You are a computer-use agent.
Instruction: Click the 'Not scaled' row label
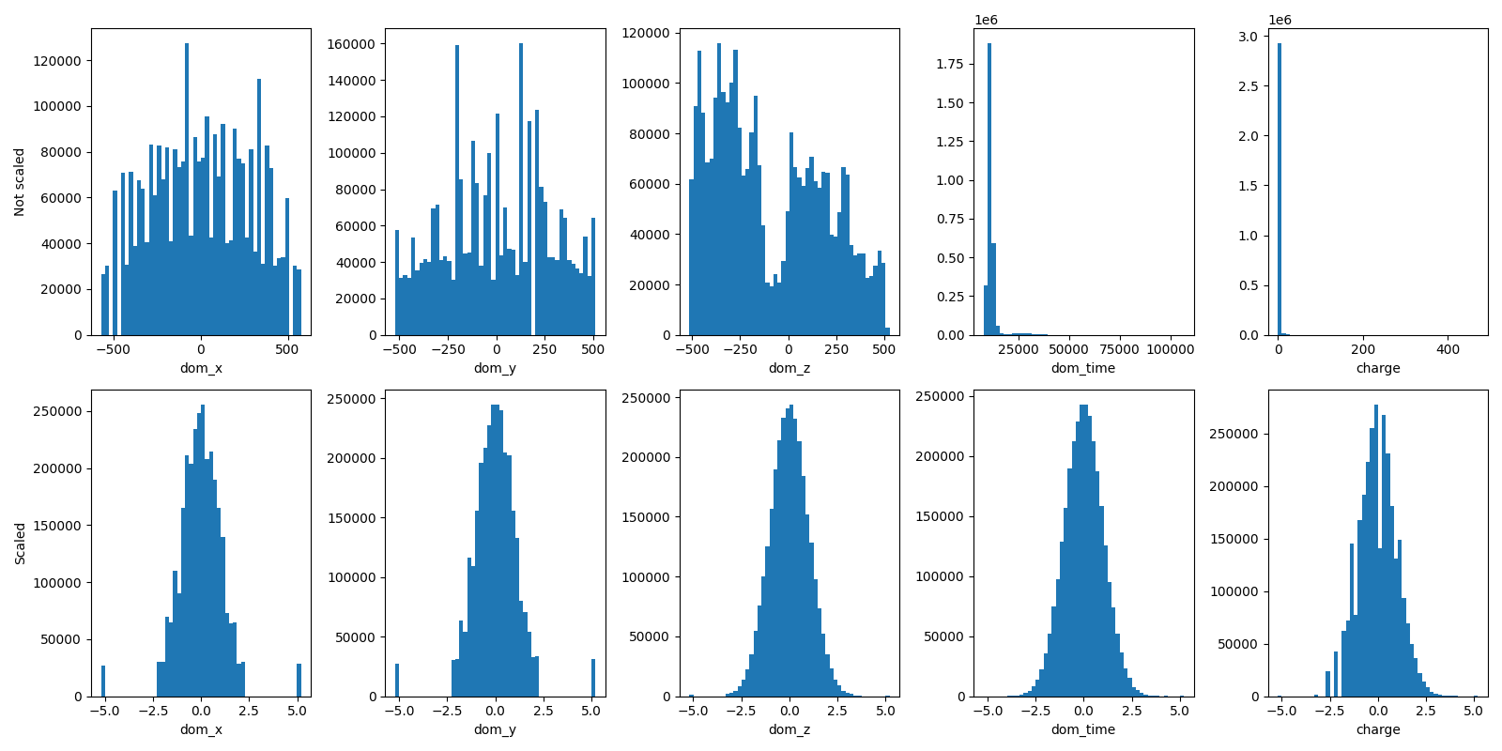click(20, 182)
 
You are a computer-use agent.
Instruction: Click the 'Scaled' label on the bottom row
click(20, 544)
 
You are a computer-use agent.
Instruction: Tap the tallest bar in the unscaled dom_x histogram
click(187, 188)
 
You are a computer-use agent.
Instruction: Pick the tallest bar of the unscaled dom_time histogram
click(989, 188)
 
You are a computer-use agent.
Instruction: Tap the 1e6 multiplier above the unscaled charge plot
click(1280, 20)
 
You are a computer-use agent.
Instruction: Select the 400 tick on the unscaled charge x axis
click(1448, 350)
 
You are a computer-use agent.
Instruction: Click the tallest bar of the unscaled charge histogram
click(1279, 188)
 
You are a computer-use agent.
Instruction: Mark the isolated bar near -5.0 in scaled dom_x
click(103, 682)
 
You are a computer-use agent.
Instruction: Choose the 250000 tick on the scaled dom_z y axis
click(646, 398)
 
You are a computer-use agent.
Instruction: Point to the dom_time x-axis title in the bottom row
click(1083, 729)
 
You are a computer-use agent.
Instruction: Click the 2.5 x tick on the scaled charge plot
click(1425, 712)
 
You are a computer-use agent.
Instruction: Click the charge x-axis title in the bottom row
click(1378, 729)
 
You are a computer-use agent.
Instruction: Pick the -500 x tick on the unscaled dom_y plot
click(399, 350)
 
